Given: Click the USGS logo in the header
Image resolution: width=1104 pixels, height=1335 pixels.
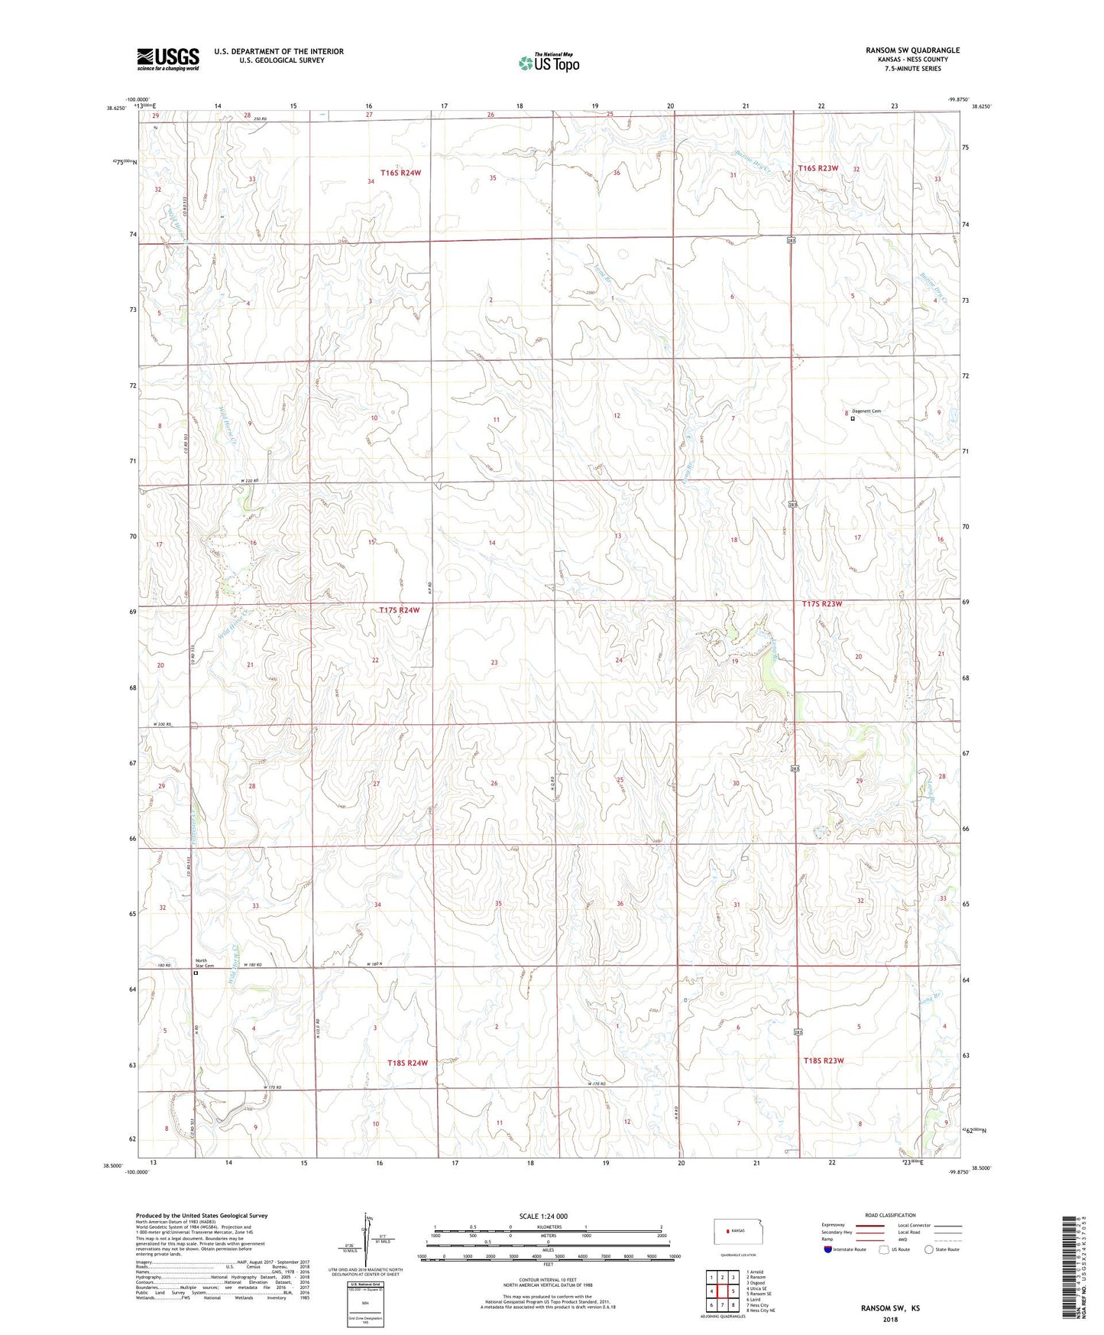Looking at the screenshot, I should [168, 59].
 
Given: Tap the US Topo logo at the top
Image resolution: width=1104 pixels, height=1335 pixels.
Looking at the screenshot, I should [549, 63].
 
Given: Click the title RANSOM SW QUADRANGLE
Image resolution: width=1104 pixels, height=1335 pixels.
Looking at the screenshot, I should [912, 50].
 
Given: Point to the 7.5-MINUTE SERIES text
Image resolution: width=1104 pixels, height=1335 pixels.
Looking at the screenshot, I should [913, 69].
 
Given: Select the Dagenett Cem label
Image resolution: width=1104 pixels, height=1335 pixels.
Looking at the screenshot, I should [866, 411].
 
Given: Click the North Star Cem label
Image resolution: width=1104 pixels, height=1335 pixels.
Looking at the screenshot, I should [201, 963].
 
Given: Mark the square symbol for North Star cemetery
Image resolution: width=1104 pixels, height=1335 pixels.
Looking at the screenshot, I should [196, 973].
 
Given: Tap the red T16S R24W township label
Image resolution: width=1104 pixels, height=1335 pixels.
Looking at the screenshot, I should [400, 173].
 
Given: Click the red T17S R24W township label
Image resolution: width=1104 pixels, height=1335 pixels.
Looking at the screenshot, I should [399, 610].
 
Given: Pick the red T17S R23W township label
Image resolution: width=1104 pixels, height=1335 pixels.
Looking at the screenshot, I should [822, 604].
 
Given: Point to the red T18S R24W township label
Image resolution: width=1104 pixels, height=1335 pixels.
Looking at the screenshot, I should [406, 1063].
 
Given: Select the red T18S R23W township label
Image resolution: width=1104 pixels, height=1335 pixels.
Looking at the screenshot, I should [824, 1061].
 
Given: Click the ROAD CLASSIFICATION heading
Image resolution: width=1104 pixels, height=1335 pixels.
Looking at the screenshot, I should [891, 1215].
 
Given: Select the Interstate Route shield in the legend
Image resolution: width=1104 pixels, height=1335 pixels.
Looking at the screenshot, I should [828, 1249].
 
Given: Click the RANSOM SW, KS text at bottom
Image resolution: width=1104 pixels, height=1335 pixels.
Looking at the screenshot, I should [890, 1308].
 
